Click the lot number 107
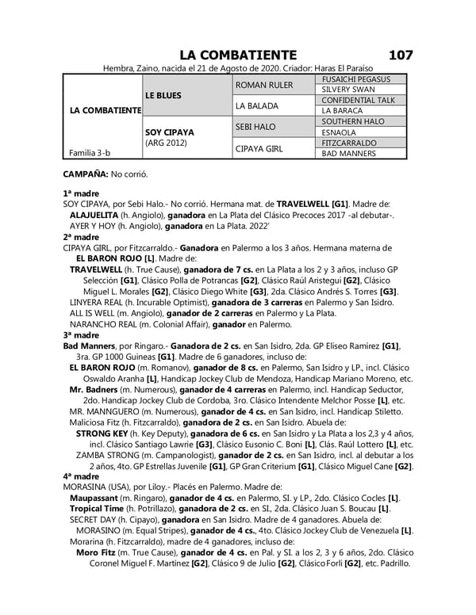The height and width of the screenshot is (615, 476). coord(401,55)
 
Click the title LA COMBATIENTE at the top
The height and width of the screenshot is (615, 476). coord(238,55)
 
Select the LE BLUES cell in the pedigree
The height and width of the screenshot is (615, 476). coord(164,95)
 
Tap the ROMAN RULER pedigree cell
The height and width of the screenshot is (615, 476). coord(265,85)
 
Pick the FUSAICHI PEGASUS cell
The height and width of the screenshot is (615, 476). coord(355,79)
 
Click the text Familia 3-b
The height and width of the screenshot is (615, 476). coord(89,153)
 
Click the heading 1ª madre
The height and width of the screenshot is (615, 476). coord(80,193)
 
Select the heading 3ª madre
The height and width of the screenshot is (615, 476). coord(80,335)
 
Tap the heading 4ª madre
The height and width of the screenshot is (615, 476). coord(80,476)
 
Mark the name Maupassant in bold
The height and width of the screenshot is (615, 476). coord(102,497)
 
